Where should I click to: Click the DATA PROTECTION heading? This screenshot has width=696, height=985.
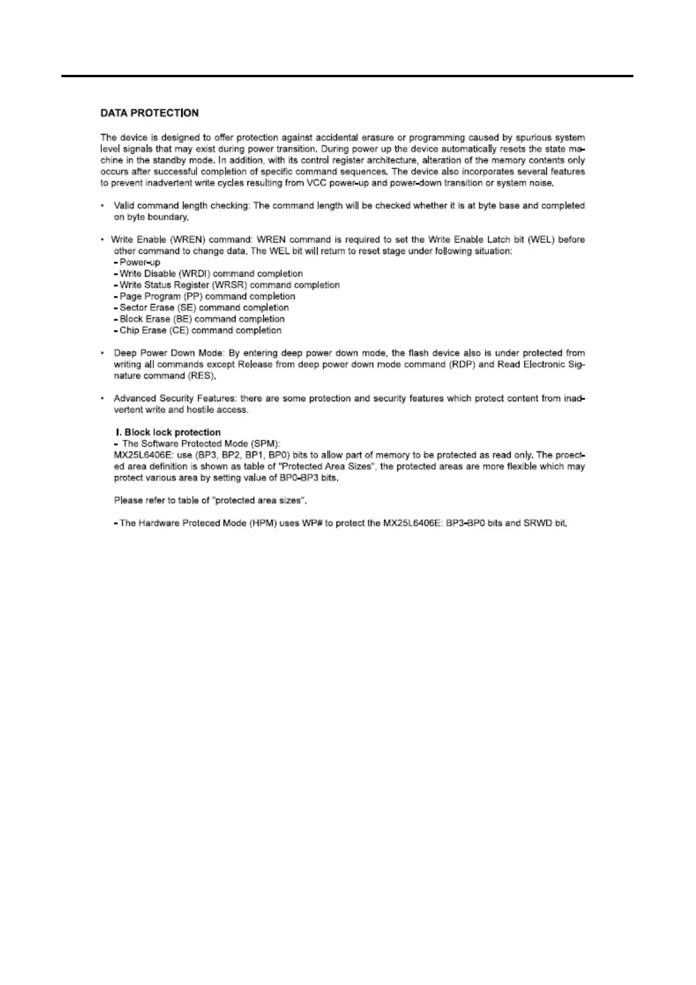(150, 113)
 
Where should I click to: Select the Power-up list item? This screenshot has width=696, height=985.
(139, 263)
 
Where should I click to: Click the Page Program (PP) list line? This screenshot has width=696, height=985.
(207, 297)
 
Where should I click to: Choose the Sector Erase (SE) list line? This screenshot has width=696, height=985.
(204, 308)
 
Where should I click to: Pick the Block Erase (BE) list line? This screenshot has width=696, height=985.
(202, 319)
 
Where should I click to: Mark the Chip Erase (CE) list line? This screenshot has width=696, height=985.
(200, 330)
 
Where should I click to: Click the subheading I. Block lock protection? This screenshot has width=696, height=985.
(167, 432)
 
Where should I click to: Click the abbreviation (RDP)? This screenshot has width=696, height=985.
(463, 364)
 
